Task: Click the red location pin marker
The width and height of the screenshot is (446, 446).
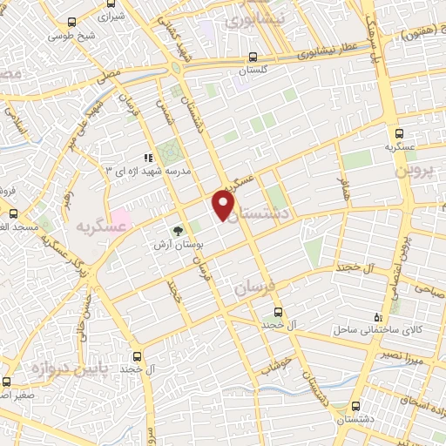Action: click(225, 206)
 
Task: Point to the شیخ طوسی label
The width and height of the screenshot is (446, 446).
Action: click(71, 37)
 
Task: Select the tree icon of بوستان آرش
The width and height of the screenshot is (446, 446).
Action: click(178, 232)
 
